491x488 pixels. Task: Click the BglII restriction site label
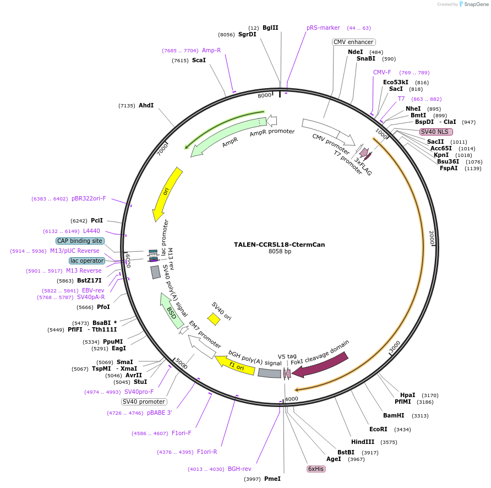coord(270,28)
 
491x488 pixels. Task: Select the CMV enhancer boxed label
coord(353,42)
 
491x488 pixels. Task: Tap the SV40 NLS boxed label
coord(436,132)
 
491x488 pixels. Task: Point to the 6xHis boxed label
coord(316,469)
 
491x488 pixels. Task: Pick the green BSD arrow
coord(171,311)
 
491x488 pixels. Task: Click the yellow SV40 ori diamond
coord(214,319)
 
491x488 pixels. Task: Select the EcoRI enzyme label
coord(378,429)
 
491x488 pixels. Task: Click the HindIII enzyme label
coord(363,442)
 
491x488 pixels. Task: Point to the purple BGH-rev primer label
coord(239,469)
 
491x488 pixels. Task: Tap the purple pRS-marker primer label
coord(323,28)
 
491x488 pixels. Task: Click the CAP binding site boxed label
coord(79,241)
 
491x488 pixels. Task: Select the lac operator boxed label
coord(87,261)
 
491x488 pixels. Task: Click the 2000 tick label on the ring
coord(432,238)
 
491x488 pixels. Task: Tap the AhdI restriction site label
coord(146,105)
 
